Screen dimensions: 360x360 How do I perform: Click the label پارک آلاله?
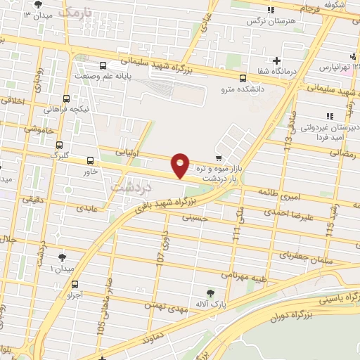(210, 305)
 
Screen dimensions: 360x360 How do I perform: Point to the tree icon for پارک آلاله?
(210, 292)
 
